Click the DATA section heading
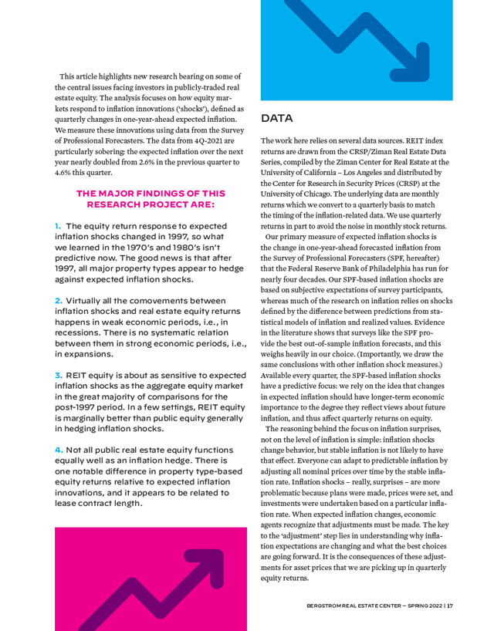click(276, 119)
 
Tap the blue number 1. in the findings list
click(58, 226)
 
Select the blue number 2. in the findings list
click(59, 300)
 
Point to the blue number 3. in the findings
click(59, 374)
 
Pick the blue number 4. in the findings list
click(59, 448)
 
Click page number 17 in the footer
click(449, 605)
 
